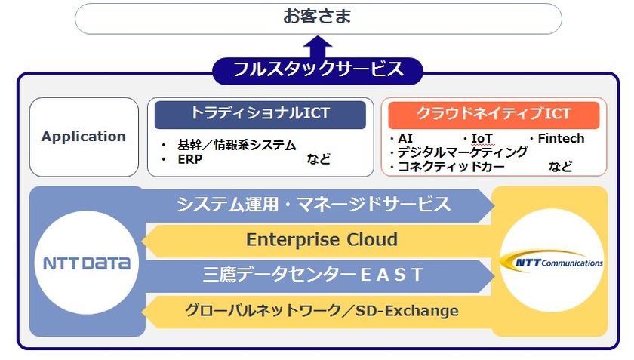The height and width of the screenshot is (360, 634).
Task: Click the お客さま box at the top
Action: point(318,18)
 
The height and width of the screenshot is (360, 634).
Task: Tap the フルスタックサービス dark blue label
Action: point(318,70)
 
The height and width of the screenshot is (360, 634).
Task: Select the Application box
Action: point(84,137)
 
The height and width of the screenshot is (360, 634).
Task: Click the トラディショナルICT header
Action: point(260,115)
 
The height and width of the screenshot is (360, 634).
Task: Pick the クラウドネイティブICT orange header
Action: point(494,115)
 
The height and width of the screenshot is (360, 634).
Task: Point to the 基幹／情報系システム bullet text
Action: point(236,145)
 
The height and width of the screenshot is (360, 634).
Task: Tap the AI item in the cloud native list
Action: point(405,139)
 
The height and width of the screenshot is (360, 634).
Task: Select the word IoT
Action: point(482,139)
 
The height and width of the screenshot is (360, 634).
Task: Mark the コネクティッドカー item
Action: point(451,167)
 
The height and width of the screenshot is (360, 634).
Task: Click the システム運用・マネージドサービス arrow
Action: point(313,204)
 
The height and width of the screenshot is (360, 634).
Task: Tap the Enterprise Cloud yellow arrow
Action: point(322,240)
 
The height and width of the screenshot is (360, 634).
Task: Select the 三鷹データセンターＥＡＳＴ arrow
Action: point(313,275)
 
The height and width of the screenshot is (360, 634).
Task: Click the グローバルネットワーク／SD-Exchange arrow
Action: point(322,310)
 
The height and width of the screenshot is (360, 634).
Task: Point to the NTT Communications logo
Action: point(552,262)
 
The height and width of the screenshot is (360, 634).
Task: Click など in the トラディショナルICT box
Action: point(319,159)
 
